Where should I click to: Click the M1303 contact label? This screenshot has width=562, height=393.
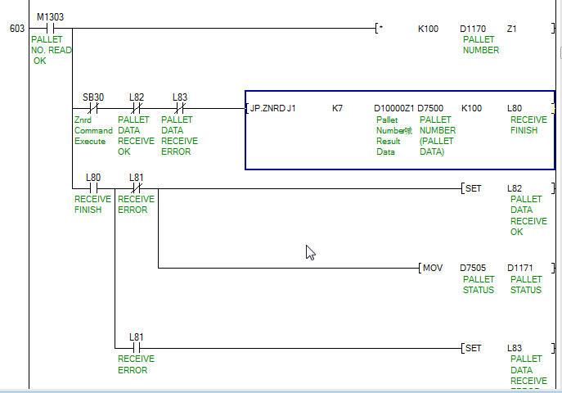50,16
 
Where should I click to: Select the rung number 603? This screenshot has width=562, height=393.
16,29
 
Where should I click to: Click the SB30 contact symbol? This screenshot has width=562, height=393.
93,108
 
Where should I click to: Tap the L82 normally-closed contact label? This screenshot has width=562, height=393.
137,97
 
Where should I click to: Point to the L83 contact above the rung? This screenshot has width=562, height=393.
179,97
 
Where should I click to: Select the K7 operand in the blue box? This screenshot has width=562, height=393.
337,108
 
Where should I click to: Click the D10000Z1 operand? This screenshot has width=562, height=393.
393,108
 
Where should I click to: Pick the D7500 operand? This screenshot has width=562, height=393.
430,108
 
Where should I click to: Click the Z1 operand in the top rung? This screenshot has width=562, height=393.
512,29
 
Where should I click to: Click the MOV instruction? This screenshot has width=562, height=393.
433,268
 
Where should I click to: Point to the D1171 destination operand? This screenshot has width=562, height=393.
520,268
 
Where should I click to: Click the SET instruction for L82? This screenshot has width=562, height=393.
473,188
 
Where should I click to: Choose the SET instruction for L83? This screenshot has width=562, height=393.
473,348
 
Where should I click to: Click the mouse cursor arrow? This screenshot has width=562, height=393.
310,252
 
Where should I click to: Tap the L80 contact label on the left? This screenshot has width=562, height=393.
93,177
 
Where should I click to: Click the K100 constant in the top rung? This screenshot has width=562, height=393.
428,29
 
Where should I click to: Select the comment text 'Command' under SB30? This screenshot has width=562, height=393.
93,130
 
